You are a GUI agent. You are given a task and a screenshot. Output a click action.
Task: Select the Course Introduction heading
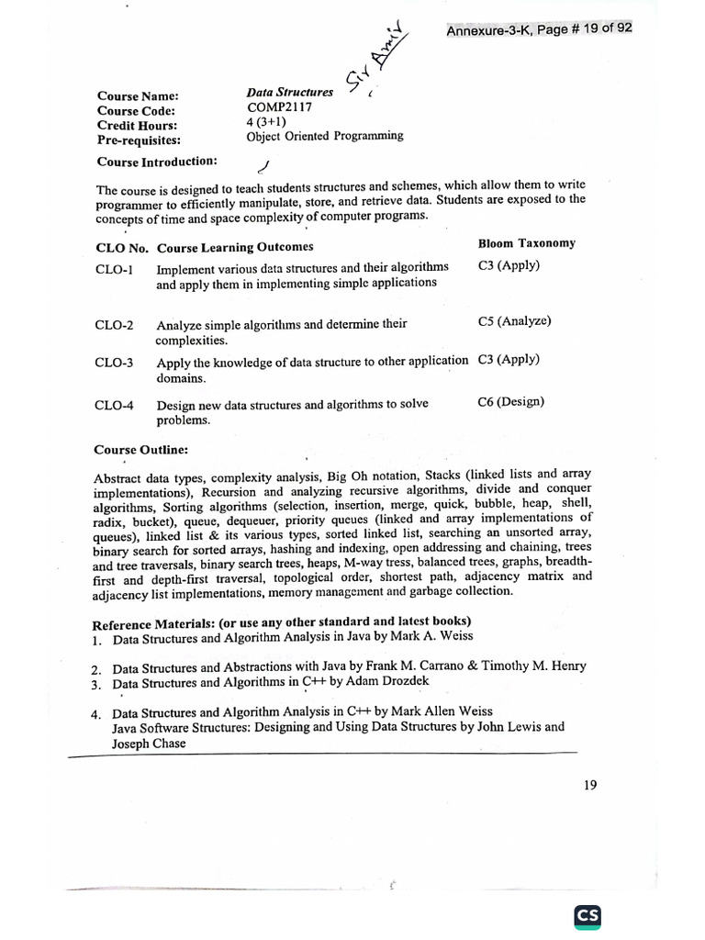coord(157,162)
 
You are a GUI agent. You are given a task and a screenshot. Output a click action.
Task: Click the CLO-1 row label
coord(114,270)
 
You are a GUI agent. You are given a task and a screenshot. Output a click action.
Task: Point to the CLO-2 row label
coord(114,326)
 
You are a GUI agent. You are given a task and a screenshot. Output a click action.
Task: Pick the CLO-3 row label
coord(114,363)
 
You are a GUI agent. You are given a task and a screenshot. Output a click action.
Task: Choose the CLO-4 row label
coord(114,405)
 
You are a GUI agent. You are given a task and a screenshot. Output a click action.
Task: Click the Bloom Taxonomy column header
coord(526,243)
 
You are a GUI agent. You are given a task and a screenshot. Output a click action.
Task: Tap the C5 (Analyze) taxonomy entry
coord(514,321)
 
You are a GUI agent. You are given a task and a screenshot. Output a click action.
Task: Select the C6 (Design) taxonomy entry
coord(510,401)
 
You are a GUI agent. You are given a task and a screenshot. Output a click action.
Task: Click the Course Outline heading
coord(140,450)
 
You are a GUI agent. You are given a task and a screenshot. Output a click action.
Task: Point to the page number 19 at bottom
coord(589,785)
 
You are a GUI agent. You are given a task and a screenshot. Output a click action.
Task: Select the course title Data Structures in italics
coord(289,93)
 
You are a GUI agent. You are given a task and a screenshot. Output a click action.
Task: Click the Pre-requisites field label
coord(139,140)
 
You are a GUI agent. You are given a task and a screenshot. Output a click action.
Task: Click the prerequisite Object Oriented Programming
coord(324,136)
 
